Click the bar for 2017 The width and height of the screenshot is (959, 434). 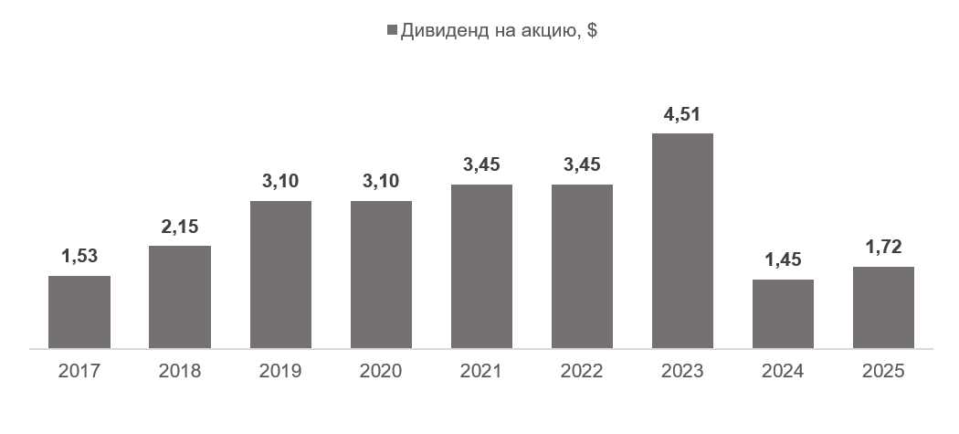[x=79, y=312]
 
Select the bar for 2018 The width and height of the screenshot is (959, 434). [x=180, y=297]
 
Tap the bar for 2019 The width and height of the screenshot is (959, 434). [x=280, y=274]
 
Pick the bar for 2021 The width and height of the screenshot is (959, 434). [x=481, y=266]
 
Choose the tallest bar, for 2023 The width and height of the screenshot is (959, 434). [x=682, y=240]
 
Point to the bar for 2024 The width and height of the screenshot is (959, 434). [x=783, y=313]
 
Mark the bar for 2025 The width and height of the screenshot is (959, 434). [x=883, y=307]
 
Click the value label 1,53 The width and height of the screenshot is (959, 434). [x=79, y=258]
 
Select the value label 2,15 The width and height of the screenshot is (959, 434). [x=180, y=228]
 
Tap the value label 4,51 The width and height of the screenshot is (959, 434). [x=682, y=115]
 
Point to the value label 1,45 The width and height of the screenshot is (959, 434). [x=783, y=261]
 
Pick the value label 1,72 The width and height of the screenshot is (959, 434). [x=883, y=249]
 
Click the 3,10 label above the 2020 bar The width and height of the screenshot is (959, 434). [x=381, y=182]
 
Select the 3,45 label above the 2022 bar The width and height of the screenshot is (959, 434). [x=582, y=165]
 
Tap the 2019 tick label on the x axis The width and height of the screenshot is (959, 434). [x=280, y=372]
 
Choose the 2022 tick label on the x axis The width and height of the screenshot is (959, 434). [x=582, y=372]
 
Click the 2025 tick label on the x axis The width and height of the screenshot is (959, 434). [x=883, y=372]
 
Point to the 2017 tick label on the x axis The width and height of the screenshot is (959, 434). [x=79, y=372]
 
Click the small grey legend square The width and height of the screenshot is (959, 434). [x=393, y=30]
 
